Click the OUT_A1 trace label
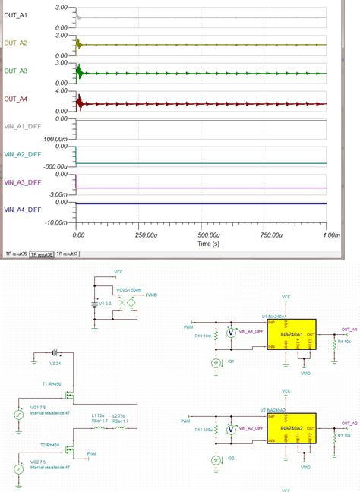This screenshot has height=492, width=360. [17, 16]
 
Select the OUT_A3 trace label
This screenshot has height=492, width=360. [17, 71]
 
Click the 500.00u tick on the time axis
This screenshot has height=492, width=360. [201, 236]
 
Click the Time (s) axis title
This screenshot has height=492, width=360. [202, 244]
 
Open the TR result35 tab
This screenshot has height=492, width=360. [16, 254]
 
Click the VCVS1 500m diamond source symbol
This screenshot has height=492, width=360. [132, 301]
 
